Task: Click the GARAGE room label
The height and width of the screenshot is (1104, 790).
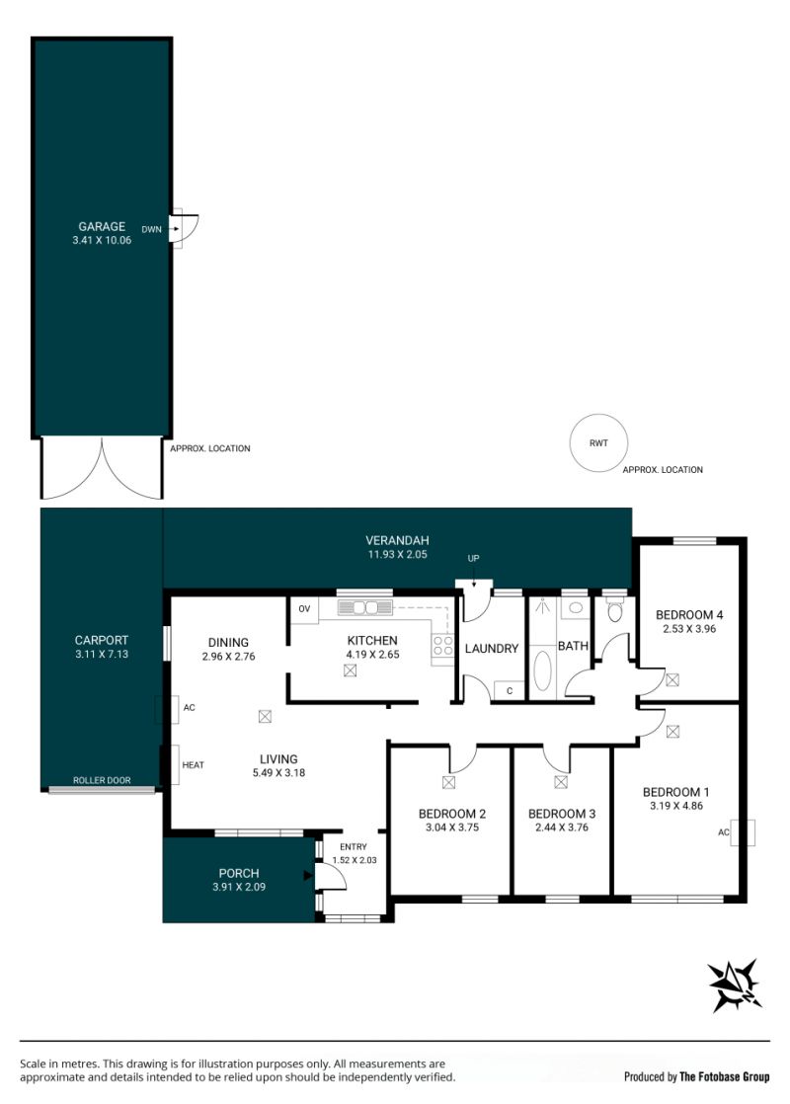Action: [102, 227]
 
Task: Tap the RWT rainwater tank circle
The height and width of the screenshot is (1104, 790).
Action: [598, 442]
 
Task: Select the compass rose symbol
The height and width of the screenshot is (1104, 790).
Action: [735, 986]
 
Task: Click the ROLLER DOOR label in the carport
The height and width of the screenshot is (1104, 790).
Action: [102, 780]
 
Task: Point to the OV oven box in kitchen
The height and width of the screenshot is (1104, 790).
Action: [304, 609]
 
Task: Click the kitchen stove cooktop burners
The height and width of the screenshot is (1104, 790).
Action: [442, 646]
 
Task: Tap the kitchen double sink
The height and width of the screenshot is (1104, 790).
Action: [364, 607]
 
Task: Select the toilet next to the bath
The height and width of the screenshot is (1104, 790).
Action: [614, 611]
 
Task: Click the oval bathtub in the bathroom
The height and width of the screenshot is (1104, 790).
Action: [542, 670]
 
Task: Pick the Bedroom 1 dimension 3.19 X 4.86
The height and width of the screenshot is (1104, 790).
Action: [675, 806]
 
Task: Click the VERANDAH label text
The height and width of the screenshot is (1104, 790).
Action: [397, 541]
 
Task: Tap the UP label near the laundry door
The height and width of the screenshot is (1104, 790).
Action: [473, 558]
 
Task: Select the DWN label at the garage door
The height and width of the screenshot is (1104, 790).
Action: [151, 229]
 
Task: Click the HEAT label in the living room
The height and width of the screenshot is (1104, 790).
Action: [193, 764]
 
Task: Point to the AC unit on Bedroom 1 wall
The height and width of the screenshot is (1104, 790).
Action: [743, 832]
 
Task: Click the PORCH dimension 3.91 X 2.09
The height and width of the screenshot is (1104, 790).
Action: [239, 887]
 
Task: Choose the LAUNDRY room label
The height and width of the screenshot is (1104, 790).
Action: [492, 649]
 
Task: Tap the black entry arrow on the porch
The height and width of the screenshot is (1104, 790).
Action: [308, 876]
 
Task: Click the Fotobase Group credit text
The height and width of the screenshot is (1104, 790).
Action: [725, 1076]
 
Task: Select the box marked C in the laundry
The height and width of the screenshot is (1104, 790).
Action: [510, 690]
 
